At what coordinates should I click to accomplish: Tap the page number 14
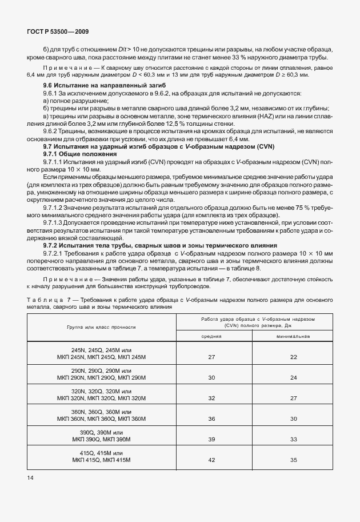30,477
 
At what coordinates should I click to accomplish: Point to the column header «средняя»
211,336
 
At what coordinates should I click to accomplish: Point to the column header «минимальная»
294,336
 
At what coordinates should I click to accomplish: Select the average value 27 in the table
211,357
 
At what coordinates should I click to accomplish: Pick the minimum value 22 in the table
294,357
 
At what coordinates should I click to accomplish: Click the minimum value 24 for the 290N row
294,377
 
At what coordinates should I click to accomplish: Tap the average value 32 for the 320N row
211,398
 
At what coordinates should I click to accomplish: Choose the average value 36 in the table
211,419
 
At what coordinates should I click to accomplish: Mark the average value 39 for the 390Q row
211,439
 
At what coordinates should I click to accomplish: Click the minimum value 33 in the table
294,439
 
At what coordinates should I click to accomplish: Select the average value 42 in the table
211,460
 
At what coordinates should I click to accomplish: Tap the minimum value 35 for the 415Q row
294,460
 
